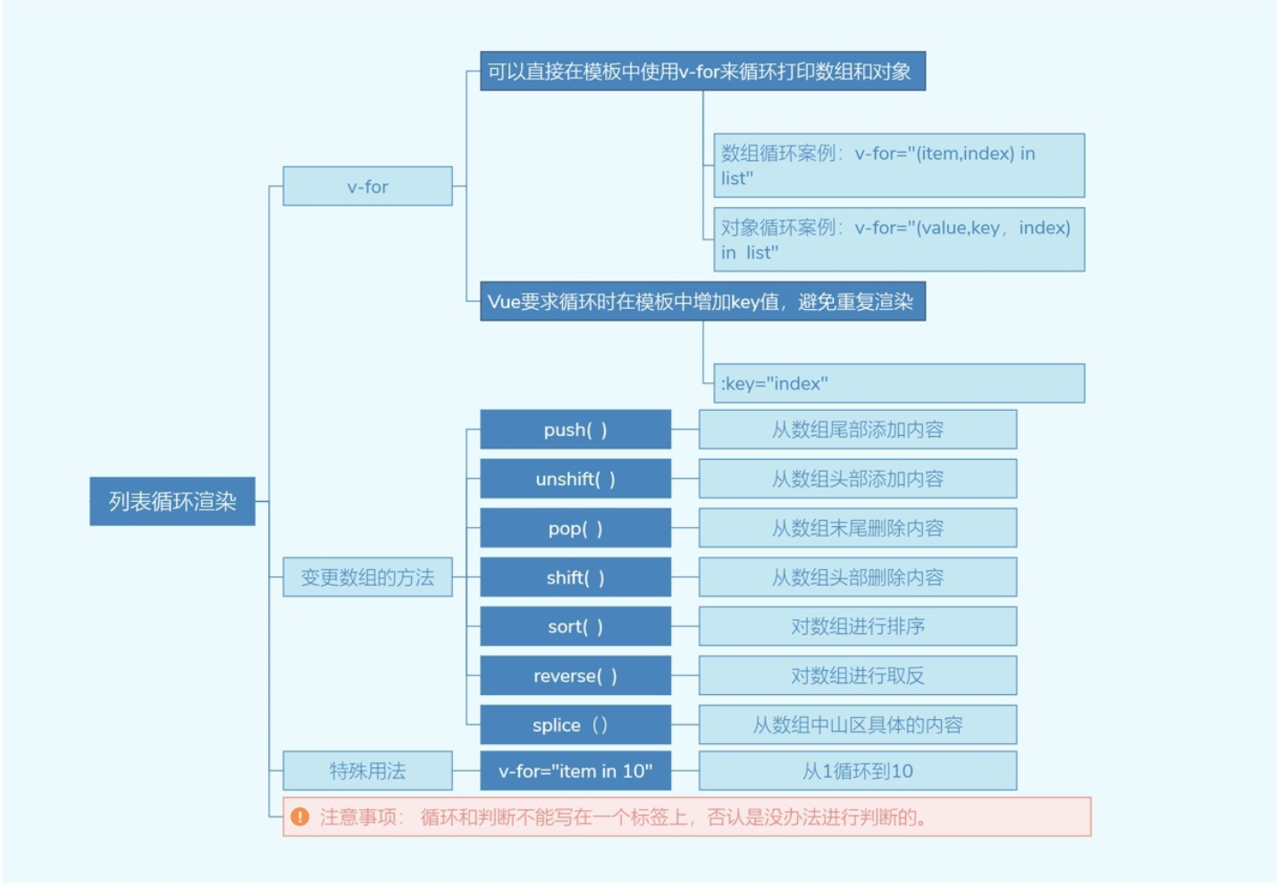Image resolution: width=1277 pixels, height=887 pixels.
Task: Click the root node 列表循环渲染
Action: (172, 501)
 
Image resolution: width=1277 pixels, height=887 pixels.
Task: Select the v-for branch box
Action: (367, 187)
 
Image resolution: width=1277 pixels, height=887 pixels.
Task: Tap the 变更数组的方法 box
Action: (367, 577)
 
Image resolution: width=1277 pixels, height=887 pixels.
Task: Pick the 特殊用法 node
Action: (367, 771)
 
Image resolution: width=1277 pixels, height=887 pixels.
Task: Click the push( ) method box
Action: (575, 430)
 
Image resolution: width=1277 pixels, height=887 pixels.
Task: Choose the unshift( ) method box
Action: (575, 479)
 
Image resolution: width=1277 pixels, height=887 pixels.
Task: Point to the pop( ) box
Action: (575, 528)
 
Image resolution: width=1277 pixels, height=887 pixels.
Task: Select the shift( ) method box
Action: (575, 577)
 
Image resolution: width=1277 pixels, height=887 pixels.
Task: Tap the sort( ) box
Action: (575, 626)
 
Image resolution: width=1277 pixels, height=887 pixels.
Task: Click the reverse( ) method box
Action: (575, 675)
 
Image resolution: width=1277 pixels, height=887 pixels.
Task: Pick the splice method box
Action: (575, 724)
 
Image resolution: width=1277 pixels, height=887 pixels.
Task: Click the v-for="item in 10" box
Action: (575, 771)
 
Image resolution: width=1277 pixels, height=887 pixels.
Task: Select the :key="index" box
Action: (899, 383)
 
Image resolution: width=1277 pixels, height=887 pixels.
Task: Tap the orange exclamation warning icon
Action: (300, 817)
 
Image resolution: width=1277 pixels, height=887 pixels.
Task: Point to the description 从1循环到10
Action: (857, 771)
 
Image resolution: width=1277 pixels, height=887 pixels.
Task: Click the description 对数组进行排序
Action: (857, 626)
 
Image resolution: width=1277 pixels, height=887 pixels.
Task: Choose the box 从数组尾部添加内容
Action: (857, 430)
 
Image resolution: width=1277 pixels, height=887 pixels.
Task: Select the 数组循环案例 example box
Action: (899, 166)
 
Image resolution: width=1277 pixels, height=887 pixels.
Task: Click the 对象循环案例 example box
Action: (899, 239)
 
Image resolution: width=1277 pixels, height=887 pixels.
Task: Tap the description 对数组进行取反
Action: (857, 675)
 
